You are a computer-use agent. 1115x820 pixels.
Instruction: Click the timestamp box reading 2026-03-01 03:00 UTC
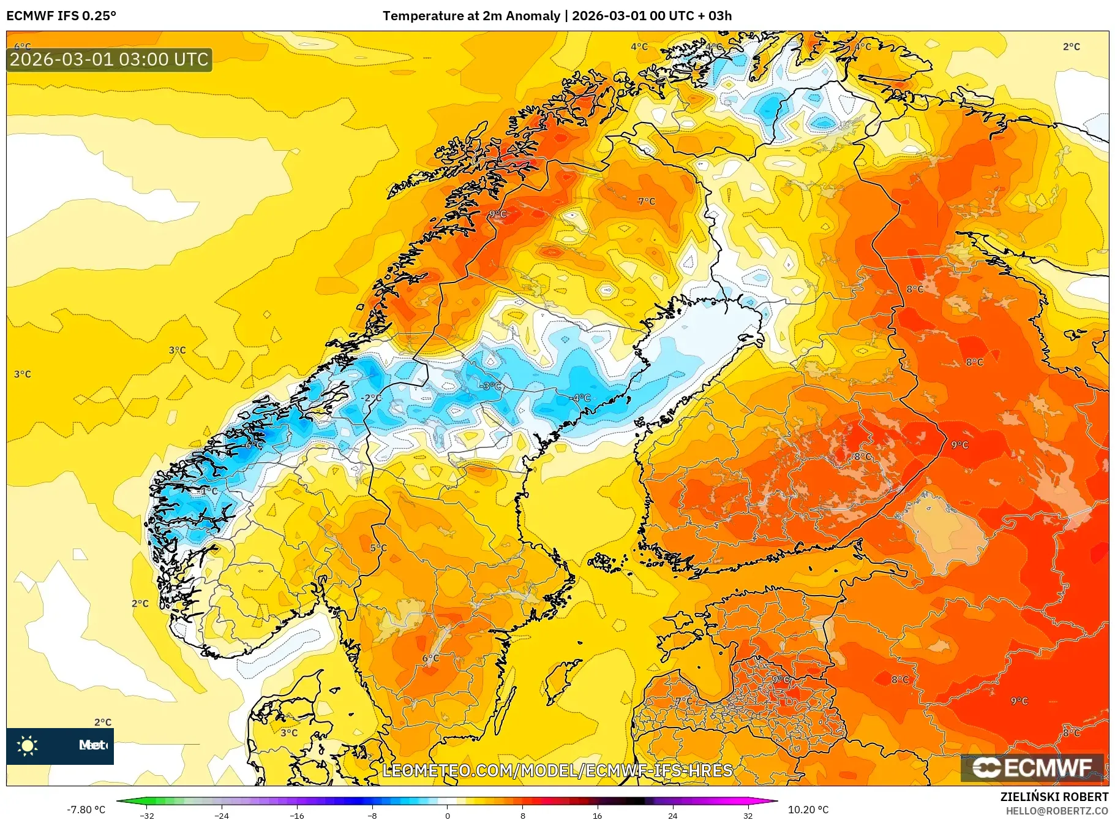tap(109, 59)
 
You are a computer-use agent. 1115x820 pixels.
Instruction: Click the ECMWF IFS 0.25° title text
tap(61, 16)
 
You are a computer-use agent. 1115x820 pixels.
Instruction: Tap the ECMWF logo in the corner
tap(1032, 767)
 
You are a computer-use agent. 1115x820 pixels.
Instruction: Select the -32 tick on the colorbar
tap(147, 815)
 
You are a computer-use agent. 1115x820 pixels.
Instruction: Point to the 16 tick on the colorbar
tap(597, 815)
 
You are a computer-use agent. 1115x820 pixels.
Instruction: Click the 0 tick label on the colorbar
tap(447, 815)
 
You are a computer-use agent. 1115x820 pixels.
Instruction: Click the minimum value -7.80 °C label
tap(86, 810)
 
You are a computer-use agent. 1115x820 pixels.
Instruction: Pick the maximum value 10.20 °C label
tap(808, 810)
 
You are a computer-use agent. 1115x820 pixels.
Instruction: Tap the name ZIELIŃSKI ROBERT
tap(1054, 797)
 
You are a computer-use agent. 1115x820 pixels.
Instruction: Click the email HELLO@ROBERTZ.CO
tap(1056, 811)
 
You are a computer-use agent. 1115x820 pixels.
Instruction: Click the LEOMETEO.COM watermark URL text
tap(557, 770)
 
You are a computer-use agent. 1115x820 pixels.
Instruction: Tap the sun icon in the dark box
tap(28, 745)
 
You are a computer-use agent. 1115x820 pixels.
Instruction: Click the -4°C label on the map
tap(581, 398)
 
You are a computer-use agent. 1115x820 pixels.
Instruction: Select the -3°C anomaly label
tap(491, 386)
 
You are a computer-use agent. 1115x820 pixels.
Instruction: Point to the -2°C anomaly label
tap(371, 398)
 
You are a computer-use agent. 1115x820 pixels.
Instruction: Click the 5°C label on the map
tap(378, 548)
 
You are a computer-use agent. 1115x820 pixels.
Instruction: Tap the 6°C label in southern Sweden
tap(430, 658)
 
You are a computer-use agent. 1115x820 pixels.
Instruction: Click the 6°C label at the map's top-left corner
tap(22, 47)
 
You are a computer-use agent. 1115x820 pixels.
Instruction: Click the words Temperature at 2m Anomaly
tap(471, 16)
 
